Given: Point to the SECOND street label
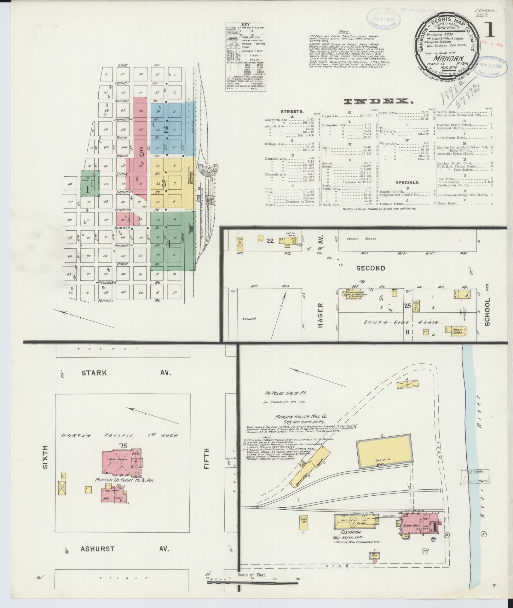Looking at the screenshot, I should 371,269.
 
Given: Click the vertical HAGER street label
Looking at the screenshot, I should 320,315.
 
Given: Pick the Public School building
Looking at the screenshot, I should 455,330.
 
